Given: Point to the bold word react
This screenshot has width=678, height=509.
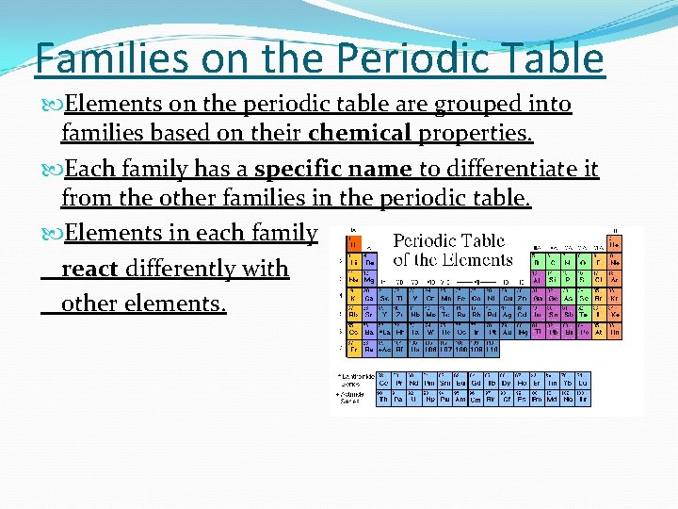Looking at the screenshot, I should [89, 269].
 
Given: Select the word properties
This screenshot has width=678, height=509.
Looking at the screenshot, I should [476, 134].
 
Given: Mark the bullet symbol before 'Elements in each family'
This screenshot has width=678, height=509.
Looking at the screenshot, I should [54, 233].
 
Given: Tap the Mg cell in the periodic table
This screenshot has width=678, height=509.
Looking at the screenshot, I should [367, 280].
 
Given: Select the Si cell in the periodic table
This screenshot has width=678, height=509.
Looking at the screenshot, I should [552, 280].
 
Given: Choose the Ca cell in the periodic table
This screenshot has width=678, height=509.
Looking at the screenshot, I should [367, 299].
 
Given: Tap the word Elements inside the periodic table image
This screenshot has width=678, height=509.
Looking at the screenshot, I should [481, 260].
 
